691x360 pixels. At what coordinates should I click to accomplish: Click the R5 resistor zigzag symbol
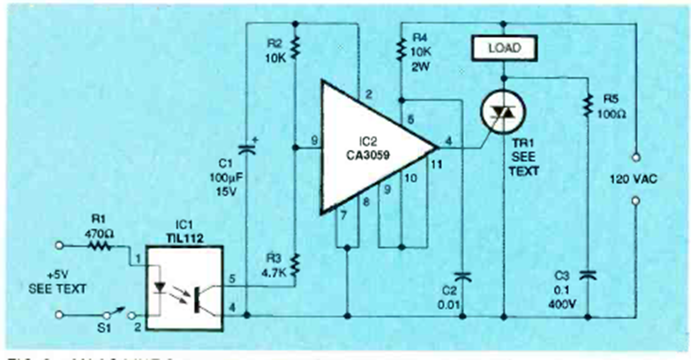[586, 106]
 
